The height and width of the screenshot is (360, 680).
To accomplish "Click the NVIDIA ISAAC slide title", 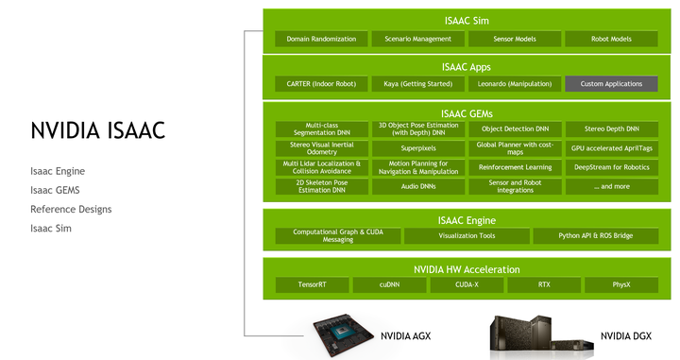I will click(97, 130).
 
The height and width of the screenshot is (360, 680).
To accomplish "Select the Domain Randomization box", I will click(322, 39).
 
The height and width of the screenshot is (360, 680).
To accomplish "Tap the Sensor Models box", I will click(515, 39).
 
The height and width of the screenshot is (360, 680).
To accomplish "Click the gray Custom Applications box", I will click(611, 84).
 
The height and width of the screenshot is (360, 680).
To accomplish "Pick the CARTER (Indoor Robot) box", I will click(321, 84).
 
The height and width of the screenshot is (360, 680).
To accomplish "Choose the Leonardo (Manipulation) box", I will click(515, 84).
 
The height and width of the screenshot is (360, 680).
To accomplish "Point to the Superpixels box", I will click(418, 148).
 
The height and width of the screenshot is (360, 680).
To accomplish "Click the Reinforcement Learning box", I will click(515, 167).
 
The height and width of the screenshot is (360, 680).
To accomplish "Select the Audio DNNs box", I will click(418, 187).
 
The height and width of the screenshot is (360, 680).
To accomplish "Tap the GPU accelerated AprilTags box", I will click(611, 148).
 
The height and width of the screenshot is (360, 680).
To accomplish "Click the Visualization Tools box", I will click(467, 236).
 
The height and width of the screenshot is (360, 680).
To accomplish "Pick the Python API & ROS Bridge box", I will click(595, 236).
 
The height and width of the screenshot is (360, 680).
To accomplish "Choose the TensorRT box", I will click(312, 284).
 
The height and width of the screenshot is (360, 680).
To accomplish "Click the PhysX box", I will click(620, 284).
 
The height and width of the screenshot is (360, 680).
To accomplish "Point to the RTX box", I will click(544, 284).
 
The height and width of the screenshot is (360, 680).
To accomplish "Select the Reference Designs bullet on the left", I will click(71, 209).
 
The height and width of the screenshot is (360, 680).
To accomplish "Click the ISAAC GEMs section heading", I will click(467, 113).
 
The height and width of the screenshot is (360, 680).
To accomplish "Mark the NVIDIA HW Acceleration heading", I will click(467, 268).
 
